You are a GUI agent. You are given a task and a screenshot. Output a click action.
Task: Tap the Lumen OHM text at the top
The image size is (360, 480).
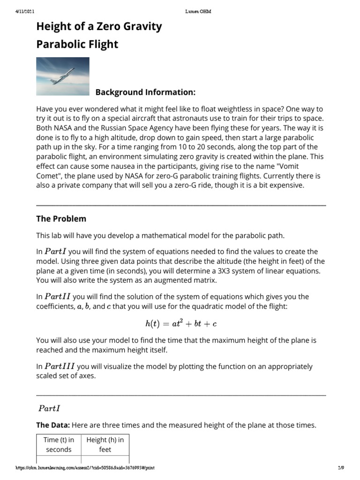195,11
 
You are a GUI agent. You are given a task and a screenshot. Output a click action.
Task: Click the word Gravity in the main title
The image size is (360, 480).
140,27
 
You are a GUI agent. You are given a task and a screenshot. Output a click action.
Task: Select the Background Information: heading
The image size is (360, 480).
145,91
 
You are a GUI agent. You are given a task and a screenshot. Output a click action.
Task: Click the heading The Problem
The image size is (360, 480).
61,219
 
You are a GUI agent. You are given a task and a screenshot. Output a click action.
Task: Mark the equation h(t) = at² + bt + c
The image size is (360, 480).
180,323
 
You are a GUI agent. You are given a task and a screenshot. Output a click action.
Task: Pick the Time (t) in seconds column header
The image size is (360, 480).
59,444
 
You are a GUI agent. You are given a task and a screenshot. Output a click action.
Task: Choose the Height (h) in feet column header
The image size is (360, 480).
105,444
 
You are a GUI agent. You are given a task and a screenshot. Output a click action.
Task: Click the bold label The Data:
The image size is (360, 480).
53,426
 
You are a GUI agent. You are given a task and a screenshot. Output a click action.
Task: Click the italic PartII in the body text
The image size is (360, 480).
58,297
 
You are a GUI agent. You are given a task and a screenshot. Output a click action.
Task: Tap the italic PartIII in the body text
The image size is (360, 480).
60,367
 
